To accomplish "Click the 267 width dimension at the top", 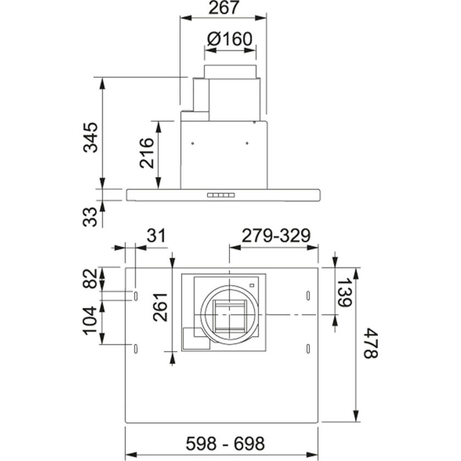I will pos(224,9).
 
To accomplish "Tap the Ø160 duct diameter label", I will pos(230,40).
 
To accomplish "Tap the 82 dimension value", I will pos(90,278).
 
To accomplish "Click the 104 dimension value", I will pos(90,319).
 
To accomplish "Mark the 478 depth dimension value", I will pos(371,343).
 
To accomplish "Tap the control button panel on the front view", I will pos(221,195).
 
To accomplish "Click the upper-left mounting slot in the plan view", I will pos(135,296).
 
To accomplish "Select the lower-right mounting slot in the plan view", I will pos(308,348).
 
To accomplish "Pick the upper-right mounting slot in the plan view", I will pos(308,296).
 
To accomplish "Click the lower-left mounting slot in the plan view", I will pos(135,348).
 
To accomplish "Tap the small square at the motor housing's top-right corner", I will pos(251,284).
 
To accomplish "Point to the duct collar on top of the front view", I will pos(230,71).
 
